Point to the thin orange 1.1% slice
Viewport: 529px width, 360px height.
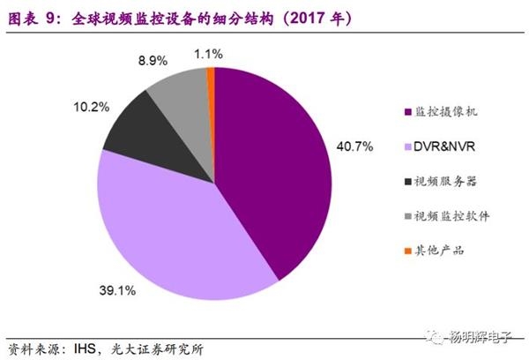click(x=211, y=79)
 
